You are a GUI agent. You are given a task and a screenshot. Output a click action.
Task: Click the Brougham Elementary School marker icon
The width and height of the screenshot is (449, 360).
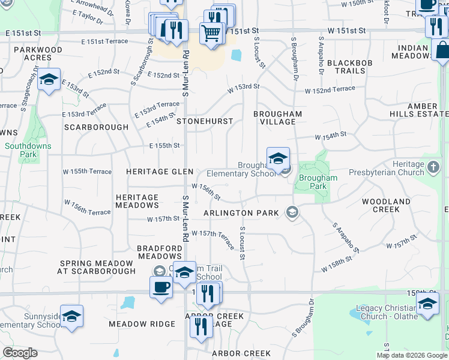[279, 158]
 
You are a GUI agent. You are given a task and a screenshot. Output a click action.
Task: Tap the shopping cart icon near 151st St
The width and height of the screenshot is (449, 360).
[211, 33]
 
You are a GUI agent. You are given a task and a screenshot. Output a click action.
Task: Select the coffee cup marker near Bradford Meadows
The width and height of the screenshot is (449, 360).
[161, 287]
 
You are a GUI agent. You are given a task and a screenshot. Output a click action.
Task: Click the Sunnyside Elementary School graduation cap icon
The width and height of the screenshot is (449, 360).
[71, 316]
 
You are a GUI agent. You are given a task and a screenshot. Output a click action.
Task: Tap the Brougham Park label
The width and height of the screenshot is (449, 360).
[318, 182]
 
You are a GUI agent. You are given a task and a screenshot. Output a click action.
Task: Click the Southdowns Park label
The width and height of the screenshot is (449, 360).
[28, 150]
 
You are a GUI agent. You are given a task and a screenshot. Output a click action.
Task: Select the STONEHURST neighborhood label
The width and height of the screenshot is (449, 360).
[205, 121]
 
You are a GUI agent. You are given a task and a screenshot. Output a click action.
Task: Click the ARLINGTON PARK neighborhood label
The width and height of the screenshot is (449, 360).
[241, 213]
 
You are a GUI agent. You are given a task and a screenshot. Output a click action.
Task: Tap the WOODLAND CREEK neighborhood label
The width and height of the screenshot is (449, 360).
[386, 205]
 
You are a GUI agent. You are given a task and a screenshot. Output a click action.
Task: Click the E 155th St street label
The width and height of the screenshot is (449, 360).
[164, 145]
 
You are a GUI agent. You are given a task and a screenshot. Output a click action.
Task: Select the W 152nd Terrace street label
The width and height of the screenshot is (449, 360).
[330, 90]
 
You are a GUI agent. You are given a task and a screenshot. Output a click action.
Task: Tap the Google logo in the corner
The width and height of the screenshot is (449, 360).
[20, 353]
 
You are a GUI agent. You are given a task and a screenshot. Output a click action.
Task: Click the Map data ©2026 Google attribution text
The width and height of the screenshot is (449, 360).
[412, 355]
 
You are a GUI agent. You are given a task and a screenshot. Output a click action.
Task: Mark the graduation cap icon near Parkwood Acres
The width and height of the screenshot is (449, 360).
[49, 79]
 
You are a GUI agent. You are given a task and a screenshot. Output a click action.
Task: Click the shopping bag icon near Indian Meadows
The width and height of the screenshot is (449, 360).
[442, 51]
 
